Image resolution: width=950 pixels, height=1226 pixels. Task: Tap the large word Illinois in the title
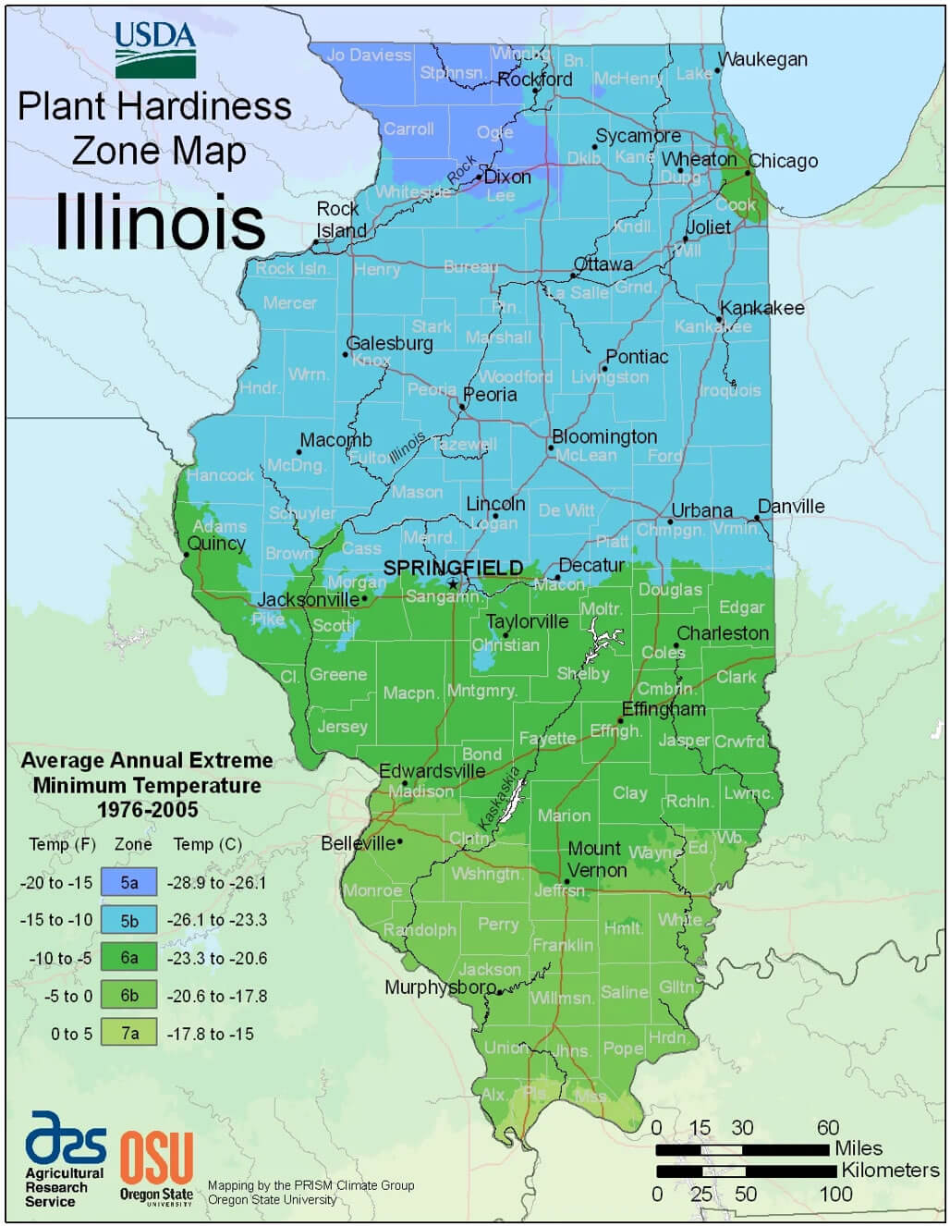tap(160, 222)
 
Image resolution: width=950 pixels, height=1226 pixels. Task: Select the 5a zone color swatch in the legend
tap(129, 882)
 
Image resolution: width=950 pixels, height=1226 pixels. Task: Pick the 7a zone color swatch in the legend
tap(129, 1034)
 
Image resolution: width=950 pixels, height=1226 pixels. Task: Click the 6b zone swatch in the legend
tap(129, 996)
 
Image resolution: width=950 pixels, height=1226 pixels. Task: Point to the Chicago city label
tap(783, 161)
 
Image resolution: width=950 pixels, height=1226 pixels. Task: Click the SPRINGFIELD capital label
tap(453, 568)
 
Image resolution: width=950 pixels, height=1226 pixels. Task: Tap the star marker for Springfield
tap(453, 583)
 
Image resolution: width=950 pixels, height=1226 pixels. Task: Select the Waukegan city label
tap(762, 59)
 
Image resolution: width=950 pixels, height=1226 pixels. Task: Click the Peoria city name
tap(490, 395)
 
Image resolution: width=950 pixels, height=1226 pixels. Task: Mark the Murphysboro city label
tap(440, 987)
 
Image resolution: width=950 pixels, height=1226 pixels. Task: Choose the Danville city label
tap(791, 507)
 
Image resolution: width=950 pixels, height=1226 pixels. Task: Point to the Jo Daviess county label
tap(369, 55)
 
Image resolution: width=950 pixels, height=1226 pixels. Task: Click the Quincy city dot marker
tap(187, 555)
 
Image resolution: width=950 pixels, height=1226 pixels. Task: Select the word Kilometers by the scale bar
tap(889, 1171)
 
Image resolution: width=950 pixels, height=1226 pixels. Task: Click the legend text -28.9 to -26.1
tap(216, 882)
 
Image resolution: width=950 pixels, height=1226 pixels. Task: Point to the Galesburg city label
tap(389, 343)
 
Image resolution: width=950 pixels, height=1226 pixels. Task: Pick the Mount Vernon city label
tap(596, 860)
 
